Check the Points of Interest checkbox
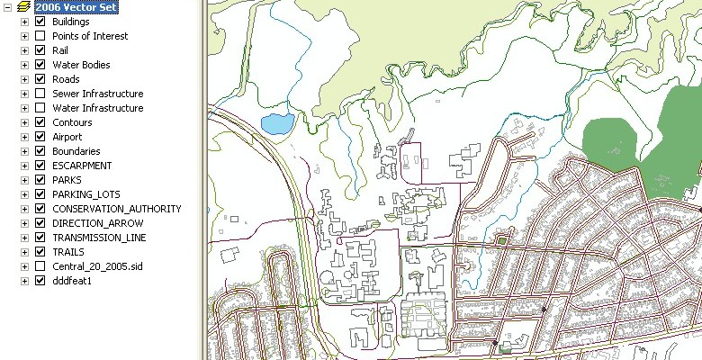tap(40, 36)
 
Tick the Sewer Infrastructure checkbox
tap(40, 94)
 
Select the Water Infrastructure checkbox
tap(40, 108)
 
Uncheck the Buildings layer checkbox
tap(40, 22)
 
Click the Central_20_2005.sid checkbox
tap(40, 266)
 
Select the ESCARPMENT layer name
tap(82, 166)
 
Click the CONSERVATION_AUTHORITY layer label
tap(116, 209)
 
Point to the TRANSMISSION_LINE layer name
tap(99, 238)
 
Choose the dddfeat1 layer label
tap(73, 281)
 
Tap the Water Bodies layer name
tap(81, 65)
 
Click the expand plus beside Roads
tap(25, 79)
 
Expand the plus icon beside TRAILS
tap(25, 252)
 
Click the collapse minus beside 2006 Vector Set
tap(7, 6)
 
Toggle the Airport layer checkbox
tap(40, 137)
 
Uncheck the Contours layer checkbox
tap(40, 122)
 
